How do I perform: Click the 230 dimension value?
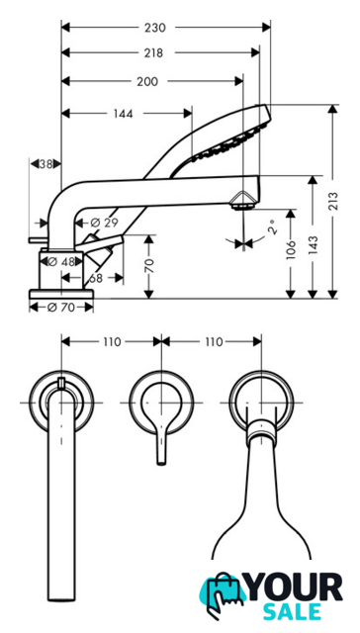tap(155, 28)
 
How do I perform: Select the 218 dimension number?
tap(153, 52)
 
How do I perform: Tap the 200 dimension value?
tap(147, 81)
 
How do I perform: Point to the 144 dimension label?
tap(123, 114)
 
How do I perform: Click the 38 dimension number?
tap(46, 164)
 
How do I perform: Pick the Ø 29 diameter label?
tap(104, 223)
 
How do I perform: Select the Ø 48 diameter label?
tap(61, 262)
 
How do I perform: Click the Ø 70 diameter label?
tap(61, 308)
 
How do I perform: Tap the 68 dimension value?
tap(96, 278)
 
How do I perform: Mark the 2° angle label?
tap(273, 227)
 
